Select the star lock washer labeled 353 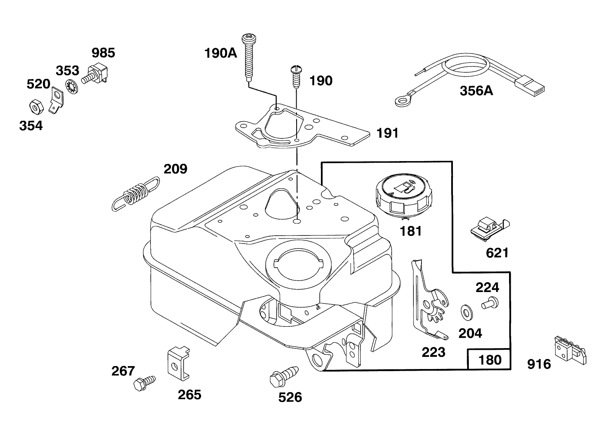pos(72,87)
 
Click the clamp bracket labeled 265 pos(177,362)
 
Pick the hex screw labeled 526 pos(284,374)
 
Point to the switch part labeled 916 pos(570,347)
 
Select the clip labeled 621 pos(488,230)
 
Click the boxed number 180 pos(489,359)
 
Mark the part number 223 pos(433,352)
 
